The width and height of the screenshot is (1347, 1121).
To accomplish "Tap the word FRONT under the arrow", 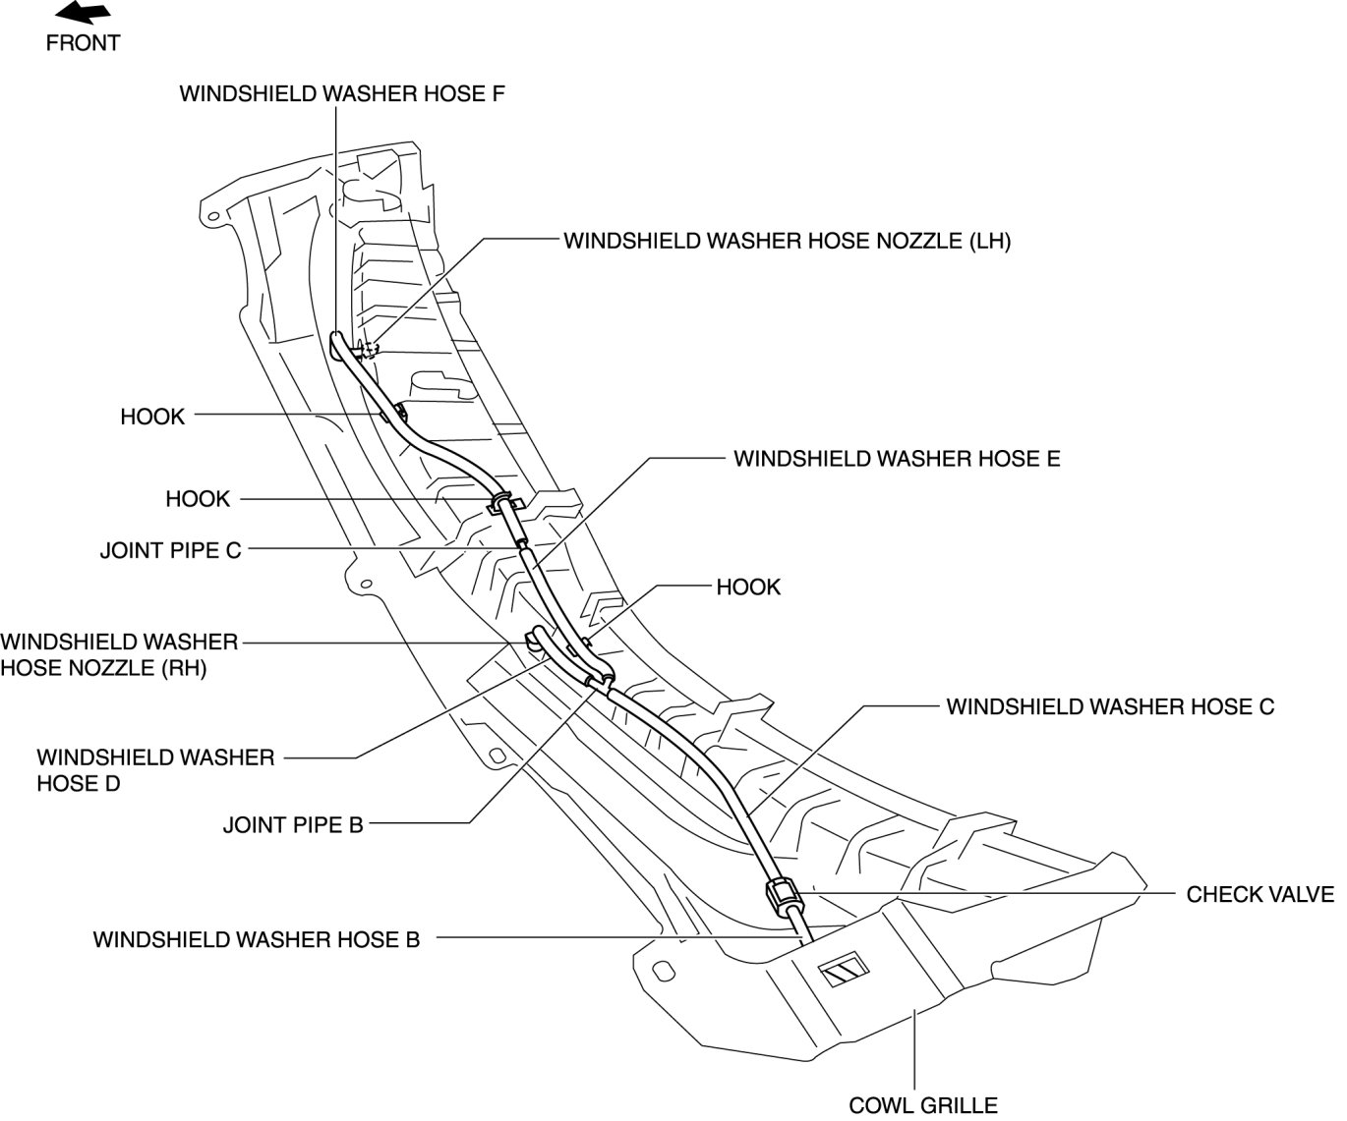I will (x=83, y=43).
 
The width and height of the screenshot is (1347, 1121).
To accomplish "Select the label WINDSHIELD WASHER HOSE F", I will (x=342, y=93).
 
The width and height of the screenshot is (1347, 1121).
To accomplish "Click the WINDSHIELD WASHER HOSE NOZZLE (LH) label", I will (x=787, y=241).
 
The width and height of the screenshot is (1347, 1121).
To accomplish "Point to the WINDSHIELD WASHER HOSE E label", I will (x=897, y=459).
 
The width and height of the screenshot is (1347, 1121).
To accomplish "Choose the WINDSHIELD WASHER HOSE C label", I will (x=1110, y=706).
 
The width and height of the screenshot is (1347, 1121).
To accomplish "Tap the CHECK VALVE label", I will (x=1259, y=895).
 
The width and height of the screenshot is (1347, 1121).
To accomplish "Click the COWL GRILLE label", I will (x=923, y=1105).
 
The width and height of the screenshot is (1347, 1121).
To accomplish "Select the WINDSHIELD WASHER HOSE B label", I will (x=257, y=940).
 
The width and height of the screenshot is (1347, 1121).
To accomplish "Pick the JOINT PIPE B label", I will (x=293, y=825).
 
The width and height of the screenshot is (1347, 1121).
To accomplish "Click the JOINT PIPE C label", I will (x=170, y=550).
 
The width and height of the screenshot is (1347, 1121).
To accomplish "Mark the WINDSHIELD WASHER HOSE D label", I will (x=155, y=770).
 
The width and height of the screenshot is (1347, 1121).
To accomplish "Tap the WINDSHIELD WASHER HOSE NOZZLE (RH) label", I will (x=119, y=656).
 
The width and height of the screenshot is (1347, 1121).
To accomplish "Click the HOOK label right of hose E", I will (x=748, y=588).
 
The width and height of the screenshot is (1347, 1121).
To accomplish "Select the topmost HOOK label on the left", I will (x=152, y=417).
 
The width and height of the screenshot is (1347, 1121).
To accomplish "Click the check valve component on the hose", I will (x=783, y=895).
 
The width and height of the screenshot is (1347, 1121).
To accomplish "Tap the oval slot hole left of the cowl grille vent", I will (x=665, y=971).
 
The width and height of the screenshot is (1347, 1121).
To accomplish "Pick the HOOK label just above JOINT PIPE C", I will (x=198, y=499).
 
